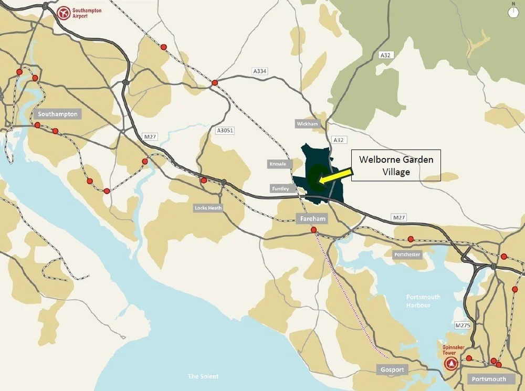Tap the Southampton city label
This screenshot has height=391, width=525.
58,114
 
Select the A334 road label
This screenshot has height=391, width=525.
259,71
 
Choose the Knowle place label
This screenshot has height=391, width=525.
278,164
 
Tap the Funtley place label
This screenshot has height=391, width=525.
280,188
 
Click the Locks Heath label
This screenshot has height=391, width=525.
208,208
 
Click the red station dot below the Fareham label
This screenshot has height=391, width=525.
313,230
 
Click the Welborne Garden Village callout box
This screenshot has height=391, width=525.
396,165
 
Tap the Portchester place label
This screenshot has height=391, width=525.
407,255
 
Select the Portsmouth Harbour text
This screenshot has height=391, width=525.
423,301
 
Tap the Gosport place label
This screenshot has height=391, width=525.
392,369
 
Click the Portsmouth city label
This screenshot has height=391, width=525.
488,379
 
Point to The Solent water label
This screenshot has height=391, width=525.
203,376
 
